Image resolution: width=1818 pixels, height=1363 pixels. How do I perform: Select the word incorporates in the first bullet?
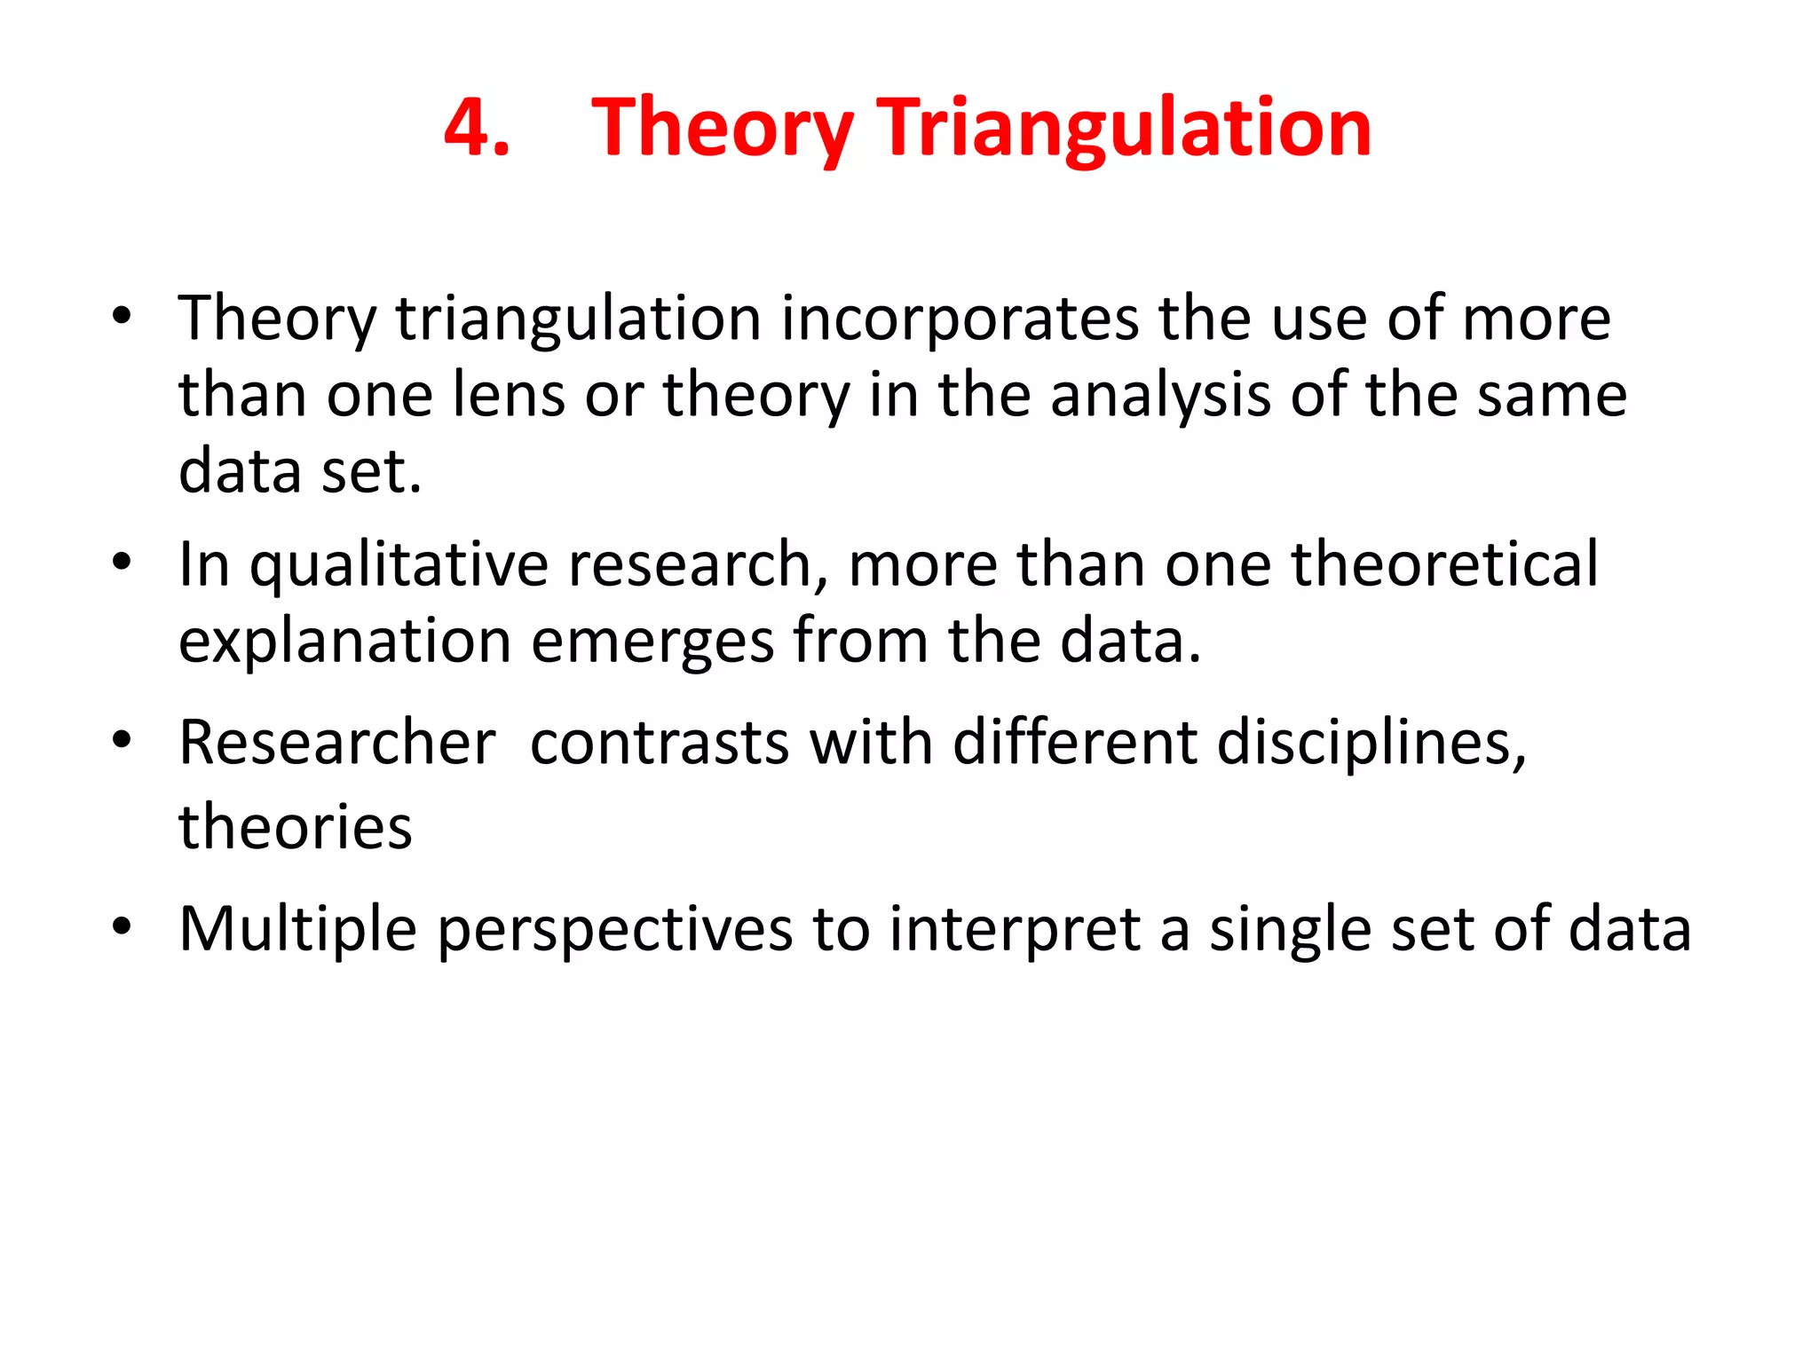pyautogui.click(x=959, y=318)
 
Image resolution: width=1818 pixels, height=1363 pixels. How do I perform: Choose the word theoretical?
pyautogui.click(x=1444, y=564)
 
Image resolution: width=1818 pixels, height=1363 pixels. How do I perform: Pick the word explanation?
pyautogui.click(x=345, y=641)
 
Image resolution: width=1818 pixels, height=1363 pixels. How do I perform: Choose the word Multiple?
pyautogui.click(x=297, y=929)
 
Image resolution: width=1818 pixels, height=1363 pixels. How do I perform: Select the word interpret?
pyautogui.click(x=1015, y=929)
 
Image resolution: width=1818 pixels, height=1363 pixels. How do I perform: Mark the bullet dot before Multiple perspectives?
pyautogui.click(x=122, y=927)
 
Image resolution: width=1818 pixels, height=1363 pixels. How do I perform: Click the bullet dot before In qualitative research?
pyautogui.click(x=122, y=562)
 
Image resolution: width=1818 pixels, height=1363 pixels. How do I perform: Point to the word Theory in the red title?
pyautogui.click(x=722, y=129)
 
